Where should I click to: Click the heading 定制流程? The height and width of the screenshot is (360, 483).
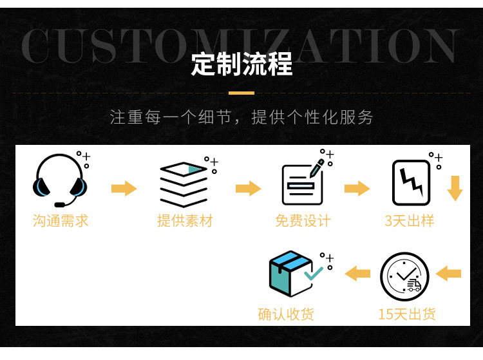tap(241, 64)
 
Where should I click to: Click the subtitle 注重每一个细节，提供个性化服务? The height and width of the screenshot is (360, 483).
tap(241, 117)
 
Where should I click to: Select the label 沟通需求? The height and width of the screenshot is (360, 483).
tap(61, 221)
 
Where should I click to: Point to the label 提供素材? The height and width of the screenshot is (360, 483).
tap(185, 221)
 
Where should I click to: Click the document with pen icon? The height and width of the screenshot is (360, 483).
tap(303, 182)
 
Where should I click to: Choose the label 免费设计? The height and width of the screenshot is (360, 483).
tap(303, 221)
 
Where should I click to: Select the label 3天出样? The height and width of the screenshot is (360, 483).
tap(410, 221)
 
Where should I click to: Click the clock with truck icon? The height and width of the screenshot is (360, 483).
tap(404, 277)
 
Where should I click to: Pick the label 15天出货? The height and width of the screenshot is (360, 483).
tap(406, 314)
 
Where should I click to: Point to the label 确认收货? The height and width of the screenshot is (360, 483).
tap(286, 314)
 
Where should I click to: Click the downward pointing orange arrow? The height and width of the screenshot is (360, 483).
tap(455, 187)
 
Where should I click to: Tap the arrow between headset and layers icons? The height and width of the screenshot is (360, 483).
tap(124, 188)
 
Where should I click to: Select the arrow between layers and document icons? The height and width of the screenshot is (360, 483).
tap(248, 188)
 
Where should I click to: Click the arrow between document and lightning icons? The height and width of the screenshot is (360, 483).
tap(357, 188)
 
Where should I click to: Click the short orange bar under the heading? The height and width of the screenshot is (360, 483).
tap(241, 93)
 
